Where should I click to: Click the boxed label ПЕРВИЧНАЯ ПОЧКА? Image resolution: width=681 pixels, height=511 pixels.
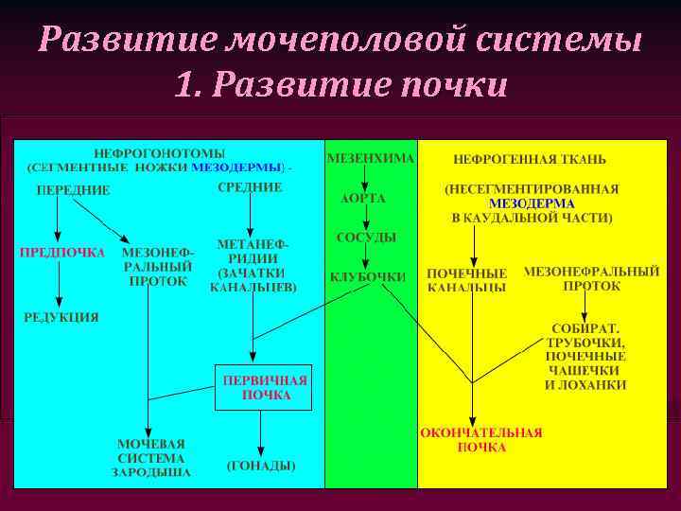(x=264, y=387)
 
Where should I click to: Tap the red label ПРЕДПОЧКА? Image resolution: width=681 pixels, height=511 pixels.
(x=62, y=253)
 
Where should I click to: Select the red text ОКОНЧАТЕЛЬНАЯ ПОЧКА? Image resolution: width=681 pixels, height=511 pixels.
(x=481, y=439)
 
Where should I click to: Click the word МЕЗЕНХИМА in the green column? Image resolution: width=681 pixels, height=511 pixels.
(x=370, y=158)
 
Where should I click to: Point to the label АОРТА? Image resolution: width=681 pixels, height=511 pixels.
(x=363, y=199)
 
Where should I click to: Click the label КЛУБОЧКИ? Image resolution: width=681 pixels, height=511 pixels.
(x=368, y=277)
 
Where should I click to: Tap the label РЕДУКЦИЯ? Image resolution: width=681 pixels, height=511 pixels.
(x=61, y=318)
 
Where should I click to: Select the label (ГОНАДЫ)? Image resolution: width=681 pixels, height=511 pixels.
(x=261, y=466)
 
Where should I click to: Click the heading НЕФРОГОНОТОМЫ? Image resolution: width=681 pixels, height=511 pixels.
(x=158, y=153)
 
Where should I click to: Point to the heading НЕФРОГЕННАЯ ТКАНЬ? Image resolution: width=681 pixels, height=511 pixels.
(x=530, y=159)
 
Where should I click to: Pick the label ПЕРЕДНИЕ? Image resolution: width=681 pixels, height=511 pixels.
(x=73, y=190)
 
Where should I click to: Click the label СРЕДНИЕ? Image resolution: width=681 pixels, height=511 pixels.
(x=250, y=187)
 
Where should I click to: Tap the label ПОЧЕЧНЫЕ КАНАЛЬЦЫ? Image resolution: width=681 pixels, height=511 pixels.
(x=466, y=280)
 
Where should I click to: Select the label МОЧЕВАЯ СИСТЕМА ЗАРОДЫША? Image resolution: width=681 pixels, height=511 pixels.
(x=151, y=457)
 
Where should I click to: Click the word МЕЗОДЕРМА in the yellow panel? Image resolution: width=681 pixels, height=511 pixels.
(x=532, y=203)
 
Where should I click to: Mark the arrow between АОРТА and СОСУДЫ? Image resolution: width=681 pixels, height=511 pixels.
(x=365, y=218)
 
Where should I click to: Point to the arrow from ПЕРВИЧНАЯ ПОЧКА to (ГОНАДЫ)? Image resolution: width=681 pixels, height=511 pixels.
(x=260, y=434)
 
